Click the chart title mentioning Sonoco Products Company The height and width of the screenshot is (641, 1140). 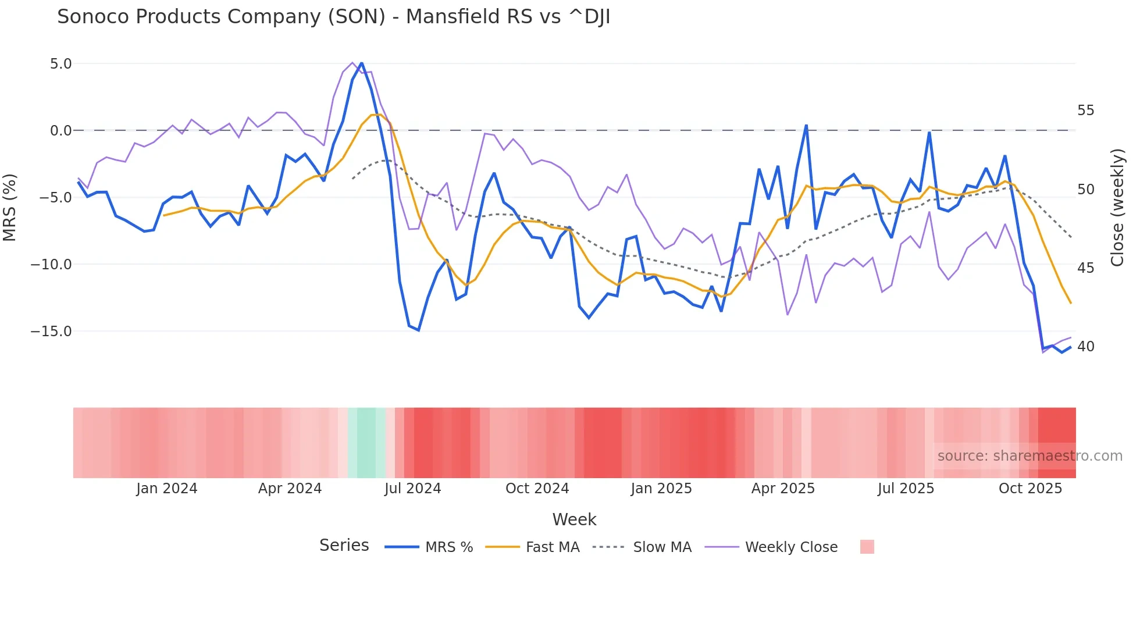(x=333, y=17)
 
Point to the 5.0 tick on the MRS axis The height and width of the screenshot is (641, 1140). (x=60, y=63)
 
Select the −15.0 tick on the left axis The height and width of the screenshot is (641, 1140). (x=51, y=331)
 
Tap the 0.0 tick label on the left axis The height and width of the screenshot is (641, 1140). (x=60, y=130)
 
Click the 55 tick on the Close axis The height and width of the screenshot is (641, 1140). (x=1085, y=110)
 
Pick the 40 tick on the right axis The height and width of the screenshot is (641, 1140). (x=1085, y=346)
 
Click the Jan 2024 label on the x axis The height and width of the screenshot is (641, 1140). (x=167, y=488)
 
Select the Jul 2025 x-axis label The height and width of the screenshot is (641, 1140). (x=906, y=488)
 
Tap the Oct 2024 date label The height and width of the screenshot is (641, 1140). (x=537, y=488)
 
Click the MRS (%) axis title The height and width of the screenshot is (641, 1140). (x=10, y=207)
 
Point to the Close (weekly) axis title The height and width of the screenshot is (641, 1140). (x=1117, y=207)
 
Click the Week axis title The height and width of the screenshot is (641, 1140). (x=574, y=519)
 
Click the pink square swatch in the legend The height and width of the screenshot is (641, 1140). (x=867, y=547)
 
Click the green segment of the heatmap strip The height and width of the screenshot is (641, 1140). (x=366, y=443)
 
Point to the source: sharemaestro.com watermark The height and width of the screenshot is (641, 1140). (x=1029, y=455)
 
